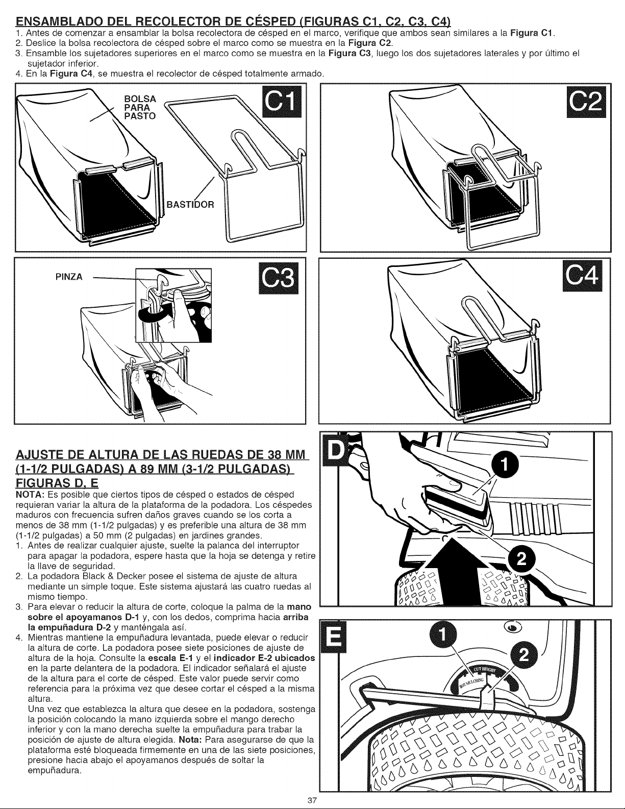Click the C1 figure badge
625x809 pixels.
click(282, 102)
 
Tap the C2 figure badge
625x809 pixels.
click(586, 102)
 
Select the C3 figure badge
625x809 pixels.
click(279, 278)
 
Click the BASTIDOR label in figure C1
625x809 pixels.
click(190, 205)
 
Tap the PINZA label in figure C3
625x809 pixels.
click(69, 277)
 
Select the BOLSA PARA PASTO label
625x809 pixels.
click(140, 108)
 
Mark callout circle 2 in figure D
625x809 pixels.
click(522, 559)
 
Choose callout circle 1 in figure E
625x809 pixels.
click(441, 636)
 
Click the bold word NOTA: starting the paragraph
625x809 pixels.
click(30, 495)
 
